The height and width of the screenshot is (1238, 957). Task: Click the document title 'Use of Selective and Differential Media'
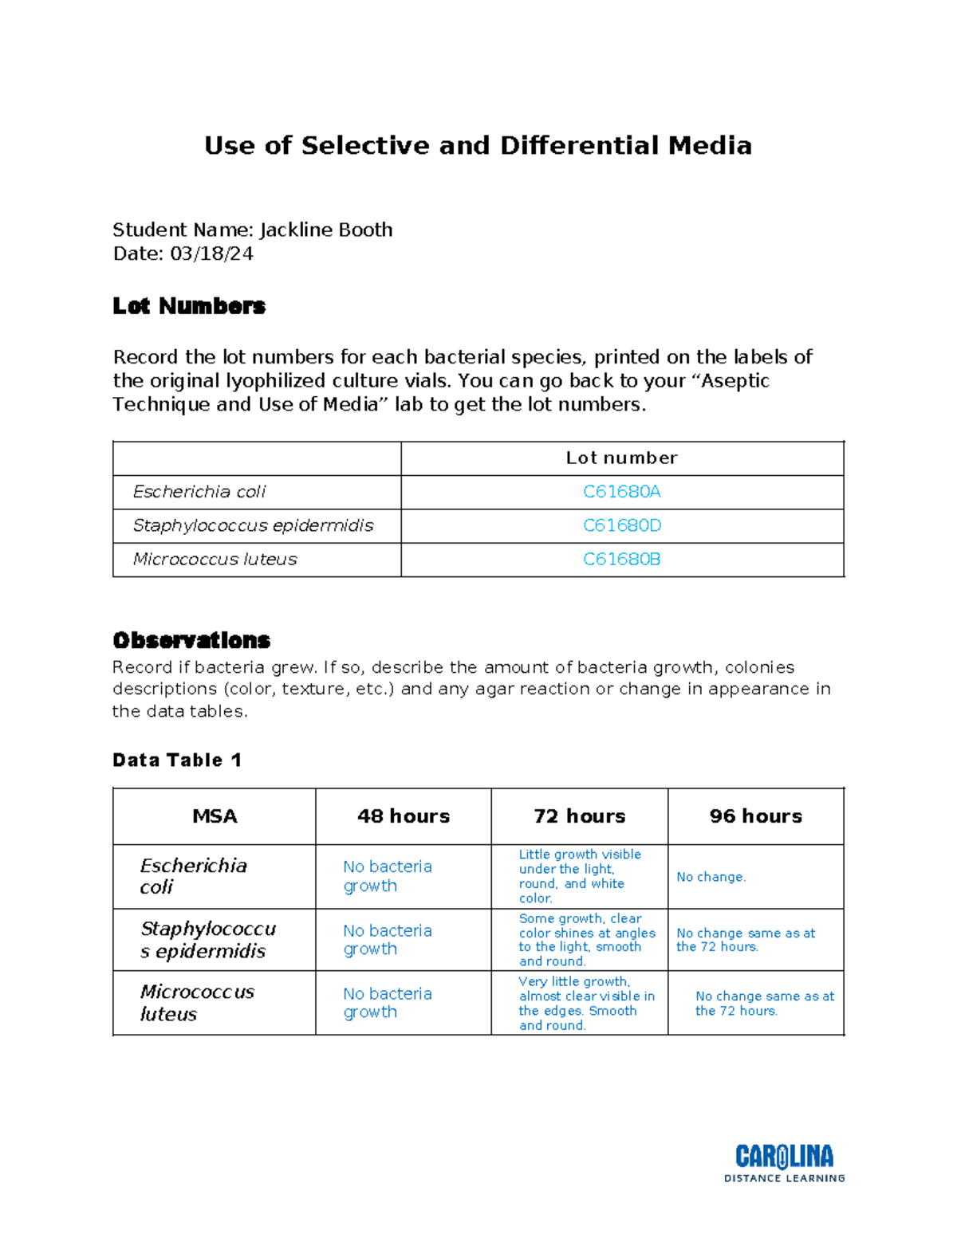click(478, 146)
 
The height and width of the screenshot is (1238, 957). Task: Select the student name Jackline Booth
click(325, 230)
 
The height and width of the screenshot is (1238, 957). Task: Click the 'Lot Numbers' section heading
click(189, 306)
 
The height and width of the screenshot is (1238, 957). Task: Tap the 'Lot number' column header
click(621, 458)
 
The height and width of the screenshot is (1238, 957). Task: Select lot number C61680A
click(621, 492)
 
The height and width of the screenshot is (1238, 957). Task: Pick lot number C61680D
click(621, 525)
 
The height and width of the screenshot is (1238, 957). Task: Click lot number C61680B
click(621, 560)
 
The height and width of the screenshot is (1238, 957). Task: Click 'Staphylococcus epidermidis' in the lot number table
click(253, 525)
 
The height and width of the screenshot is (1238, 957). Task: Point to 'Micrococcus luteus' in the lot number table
click(215, 560)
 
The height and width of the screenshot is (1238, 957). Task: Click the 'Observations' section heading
click(191, 640)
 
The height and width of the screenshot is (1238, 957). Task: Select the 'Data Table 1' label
click(176, 760)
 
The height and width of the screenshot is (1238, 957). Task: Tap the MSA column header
click(215, 816)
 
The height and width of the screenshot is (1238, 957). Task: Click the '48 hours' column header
click(404, 816)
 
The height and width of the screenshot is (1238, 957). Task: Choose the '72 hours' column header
click(580, 816)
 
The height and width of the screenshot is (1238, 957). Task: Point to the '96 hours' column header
click(756, 816)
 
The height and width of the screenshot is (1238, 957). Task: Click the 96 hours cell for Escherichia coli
click(711, 877)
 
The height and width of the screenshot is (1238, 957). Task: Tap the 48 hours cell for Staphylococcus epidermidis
click(388, 940)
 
